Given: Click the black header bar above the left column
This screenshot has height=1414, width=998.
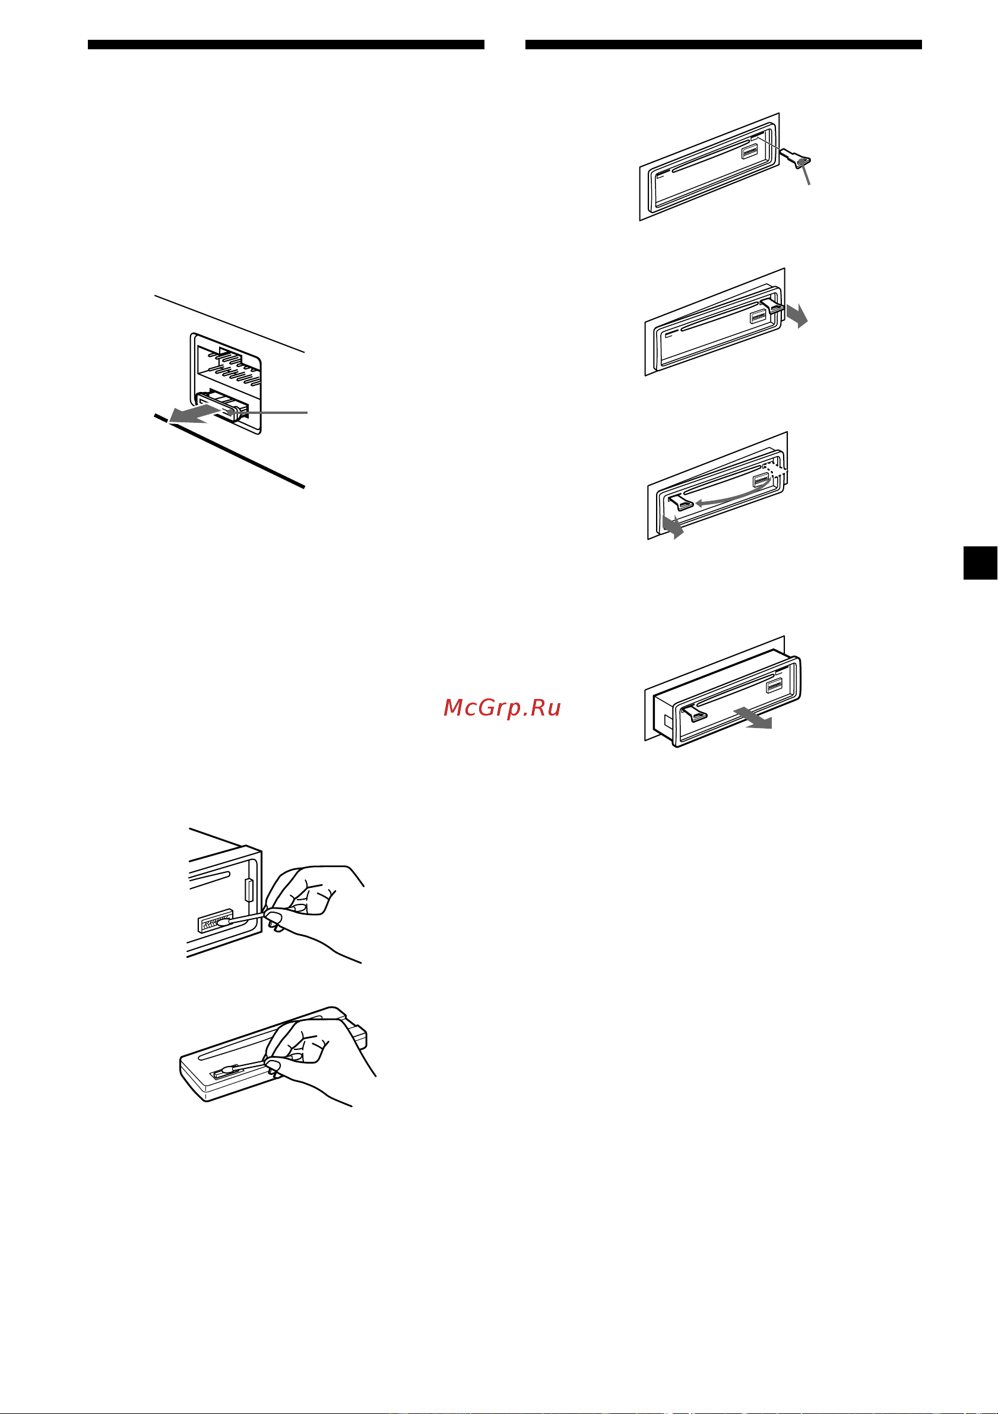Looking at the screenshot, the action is [x=286, y=45].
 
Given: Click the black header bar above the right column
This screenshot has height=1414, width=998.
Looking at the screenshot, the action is [x=723, y=45].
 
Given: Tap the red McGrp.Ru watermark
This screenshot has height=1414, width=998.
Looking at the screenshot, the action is [x=502, y=708].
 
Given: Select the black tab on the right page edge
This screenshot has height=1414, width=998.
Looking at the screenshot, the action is [x=980, y=563].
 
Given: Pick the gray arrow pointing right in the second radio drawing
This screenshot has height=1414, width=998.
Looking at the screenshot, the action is [x=797, y=315].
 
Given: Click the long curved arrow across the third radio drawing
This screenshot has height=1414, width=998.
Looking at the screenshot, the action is [x=733, y=498].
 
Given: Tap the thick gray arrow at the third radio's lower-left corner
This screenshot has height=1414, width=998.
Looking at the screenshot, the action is [x=672, y=527].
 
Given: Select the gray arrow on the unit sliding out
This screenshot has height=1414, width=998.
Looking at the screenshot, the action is [x=753, y=718].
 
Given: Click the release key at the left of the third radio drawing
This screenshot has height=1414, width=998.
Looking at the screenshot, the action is [x=682, y=502].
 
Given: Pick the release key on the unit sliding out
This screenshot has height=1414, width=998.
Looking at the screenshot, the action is [x=695, y=713].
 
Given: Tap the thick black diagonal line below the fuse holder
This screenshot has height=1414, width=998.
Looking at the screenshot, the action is [x=229, y=451].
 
